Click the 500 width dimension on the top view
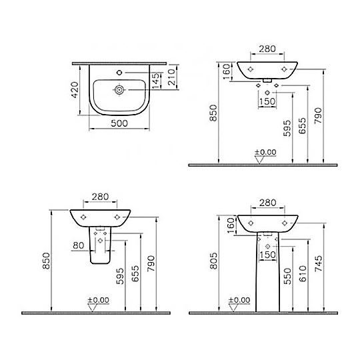(x=119, y=123)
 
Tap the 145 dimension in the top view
(x=155, y=81)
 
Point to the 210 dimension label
(x=171, y=77)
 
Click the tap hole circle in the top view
(x=119, y=73)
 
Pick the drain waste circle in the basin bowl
(x=119, y=90)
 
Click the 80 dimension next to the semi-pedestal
(x=79, y=245)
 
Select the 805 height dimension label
(x=213, y=261)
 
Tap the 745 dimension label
(x=318, y=263)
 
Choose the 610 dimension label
(x=303, y=273)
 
